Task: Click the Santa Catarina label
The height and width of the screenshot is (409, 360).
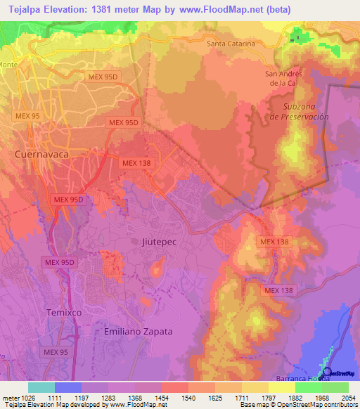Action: pyautogui.click(x=231, y=44)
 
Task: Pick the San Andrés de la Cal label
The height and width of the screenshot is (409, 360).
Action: pyautogui.click(x=283, y=78)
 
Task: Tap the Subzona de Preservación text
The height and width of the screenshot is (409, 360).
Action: pyautogui.click(x=299, y=112)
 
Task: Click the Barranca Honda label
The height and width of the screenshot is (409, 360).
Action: pyautogui.click(x=321, y=377)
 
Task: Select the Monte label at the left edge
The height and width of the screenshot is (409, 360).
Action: pyautogui.click(x=8, y=65)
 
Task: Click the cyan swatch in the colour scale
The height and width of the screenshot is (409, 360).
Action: pyautogui.click(x=41, y=387)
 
